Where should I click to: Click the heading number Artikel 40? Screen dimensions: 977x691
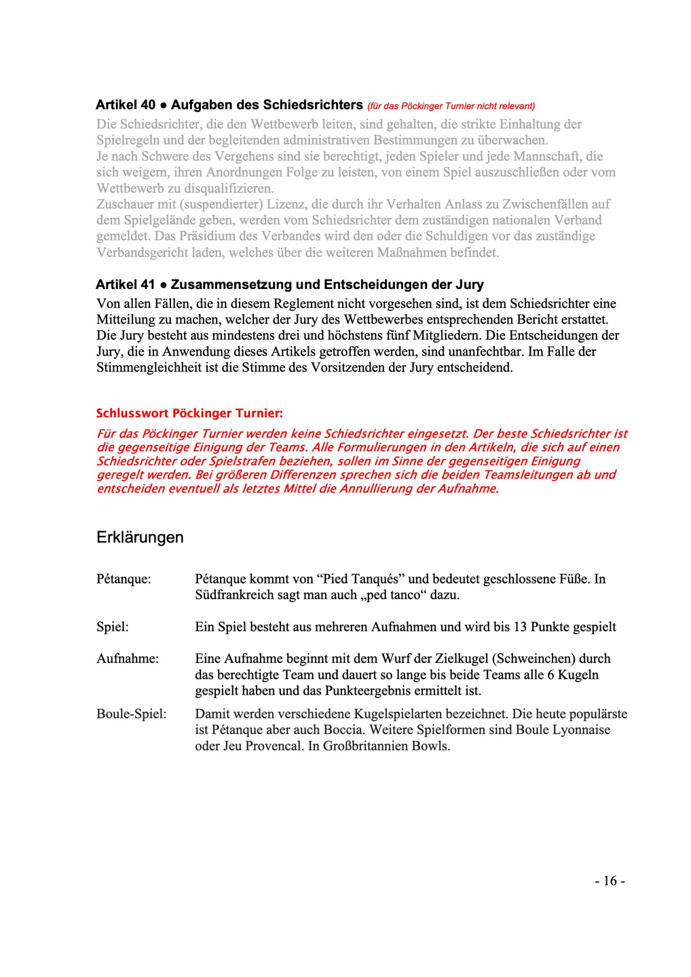pos(126,105)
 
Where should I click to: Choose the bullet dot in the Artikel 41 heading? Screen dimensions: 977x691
pos(164,285)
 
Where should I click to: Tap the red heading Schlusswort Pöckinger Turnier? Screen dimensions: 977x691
pos(189,413)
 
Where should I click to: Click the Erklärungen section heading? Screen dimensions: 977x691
pos(140,537)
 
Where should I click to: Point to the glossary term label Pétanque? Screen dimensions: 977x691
pos(124,579)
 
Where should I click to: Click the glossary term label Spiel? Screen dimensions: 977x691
pos(113,627)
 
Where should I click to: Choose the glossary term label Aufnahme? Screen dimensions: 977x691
pos(128,659)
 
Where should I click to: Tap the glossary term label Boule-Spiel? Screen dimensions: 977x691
pos(131,714)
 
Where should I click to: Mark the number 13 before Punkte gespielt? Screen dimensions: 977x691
pos(520,627)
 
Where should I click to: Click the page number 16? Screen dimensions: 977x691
pos(610,881)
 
